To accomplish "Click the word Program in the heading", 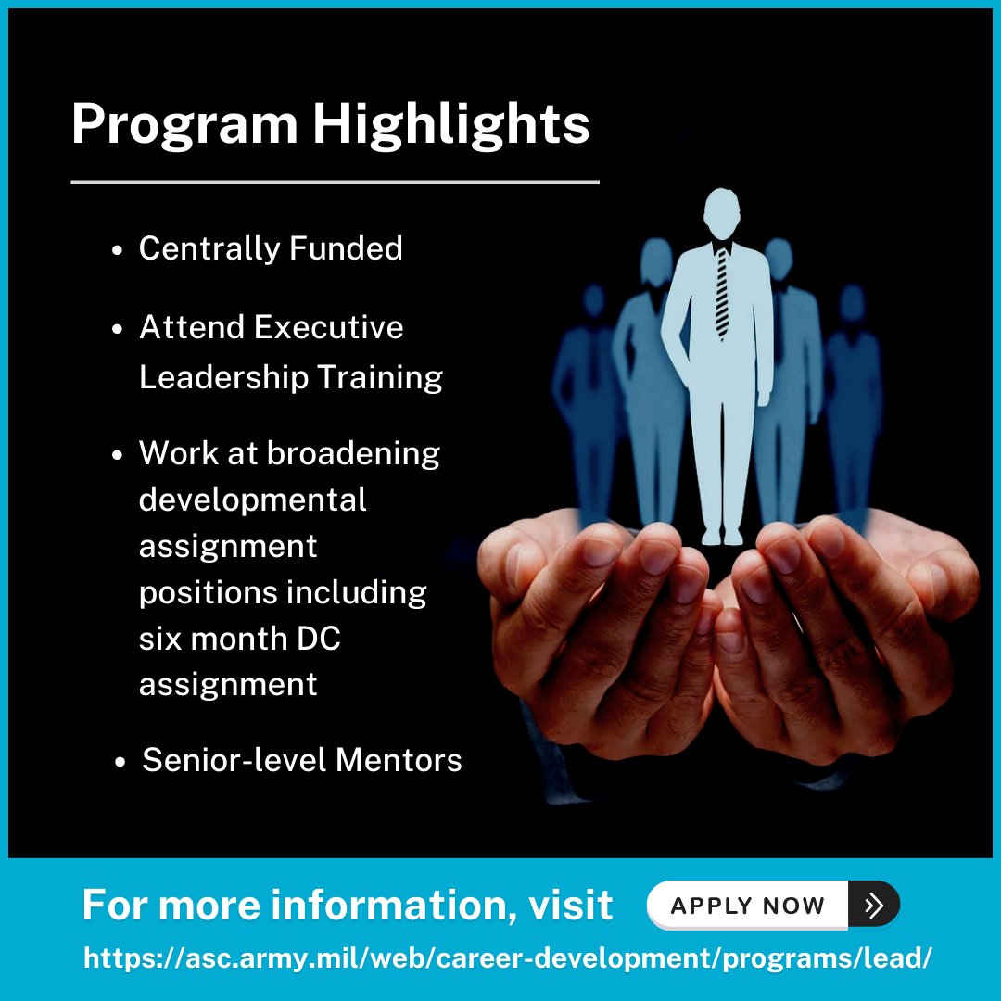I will (184, 124).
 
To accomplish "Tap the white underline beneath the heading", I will (335, 183).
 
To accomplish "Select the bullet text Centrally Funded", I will (271, 248).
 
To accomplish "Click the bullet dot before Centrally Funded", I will (118, 251).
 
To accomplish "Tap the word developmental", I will (253, 500).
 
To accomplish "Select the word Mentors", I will (399, 760).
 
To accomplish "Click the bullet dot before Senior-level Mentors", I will (120, 763).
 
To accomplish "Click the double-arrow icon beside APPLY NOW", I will (873, 905).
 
